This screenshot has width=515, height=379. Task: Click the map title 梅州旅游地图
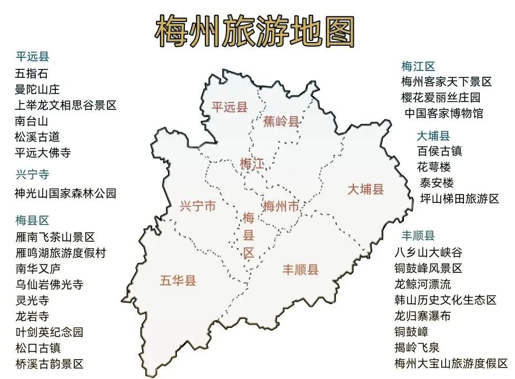[x=255, y=31]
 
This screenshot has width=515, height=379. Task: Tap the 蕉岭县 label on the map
[x=281, y=121]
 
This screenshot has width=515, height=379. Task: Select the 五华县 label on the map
[x=178, y=280]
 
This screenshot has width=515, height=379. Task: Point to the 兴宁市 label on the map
[x=197, y=206]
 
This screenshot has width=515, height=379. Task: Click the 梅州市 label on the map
[x=281, y=206]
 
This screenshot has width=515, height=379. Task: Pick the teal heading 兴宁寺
[x=32, y=175]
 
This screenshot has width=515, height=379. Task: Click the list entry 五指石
[x=32, y=74]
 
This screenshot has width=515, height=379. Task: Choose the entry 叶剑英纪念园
[x=49, y=332]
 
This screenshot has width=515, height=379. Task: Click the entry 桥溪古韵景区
[x=49, y=364]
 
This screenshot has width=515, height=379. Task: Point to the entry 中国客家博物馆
[x=443, y=113]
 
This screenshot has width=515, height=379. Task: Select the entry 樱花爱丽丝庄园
[x=441, y=97]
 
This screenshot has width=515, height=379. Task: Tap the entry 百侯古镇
[x=439, y=151]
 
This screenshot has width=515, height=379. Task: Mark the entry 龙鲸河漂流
[x=422, y=284]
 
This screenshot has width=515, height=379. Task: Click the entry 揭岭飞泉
[x=417, y=347]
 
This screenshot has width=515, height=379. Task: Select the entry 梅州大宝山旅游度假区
[x=451, y=363]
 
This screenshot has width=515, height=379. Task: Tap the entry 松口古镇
[x=38, y=348]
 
